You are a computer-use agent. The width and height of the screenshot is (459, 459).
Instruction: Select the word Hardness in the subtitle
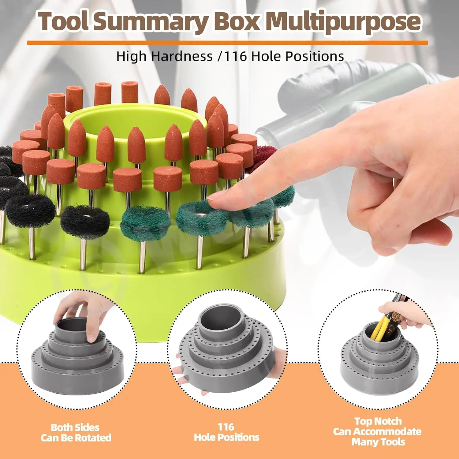click(x=182, y=57)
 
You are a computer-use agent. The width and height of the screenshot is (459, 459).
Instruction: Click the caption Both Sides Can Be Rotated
click(x=76, y=432)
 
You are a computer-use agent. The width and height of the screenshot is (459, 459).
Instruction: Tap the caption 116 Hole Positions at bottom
click(x=226, y=432)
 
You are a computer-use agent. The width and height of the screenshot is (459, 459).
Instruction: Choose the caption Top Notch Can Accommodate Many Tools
click(x=378, y=431)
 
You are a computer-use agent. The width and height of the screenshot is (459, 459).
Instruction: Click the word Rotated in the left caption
click(x=93, y=438)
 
